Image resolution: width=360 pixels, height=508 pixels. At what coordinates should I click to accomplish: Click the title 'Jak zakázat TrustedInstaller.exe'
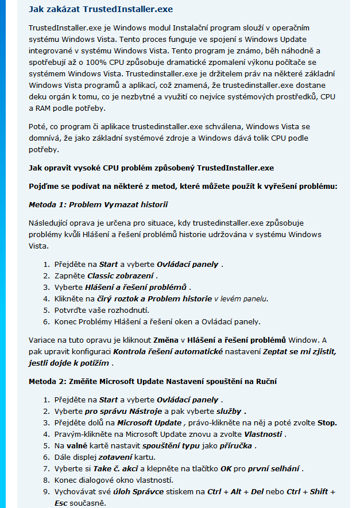[x=100, y=10]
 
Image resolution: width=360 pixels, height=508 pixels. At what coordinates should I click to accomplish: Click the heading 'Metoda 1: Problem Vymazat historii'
[x=98, y=204]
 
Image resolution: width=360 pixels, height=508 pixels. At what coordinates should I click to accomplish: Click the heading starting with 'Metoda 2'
[x=141, y=381]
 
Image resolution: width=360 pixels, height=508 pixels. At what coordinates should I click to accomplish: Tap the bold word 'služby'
[x=230, y=411]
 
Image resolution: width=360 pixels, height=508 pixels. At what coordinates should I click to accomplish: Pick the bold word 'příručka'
[x=237, y=445]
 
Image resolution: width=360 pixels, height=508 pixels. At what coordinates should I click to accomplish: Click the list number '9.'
[x=47, y=492]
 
